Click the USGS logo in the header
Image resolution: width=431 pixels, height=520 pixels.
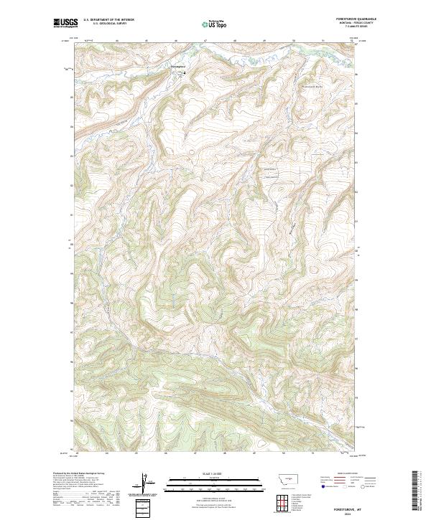click(x=65, y=24)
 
